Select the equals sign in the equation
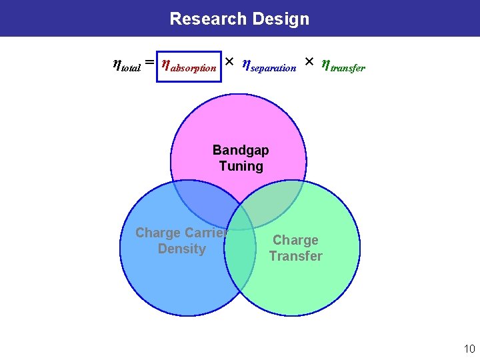tap(150, 63)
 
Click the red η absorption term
tap(190, 66)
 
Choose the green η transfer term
tap(343, 65)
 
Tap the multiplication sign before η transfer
tap(309, 62)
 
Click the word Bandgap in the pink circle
tap(241, 150)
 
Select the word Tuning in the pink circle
tap(241, 166)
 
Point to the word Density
tap(181, 249)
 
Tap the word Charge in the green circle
tap(295, 240)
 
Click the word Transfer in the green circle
tap(295, 256)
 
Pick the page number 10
tap(469, 349)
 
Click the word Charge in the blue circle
tap(158, 233)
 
